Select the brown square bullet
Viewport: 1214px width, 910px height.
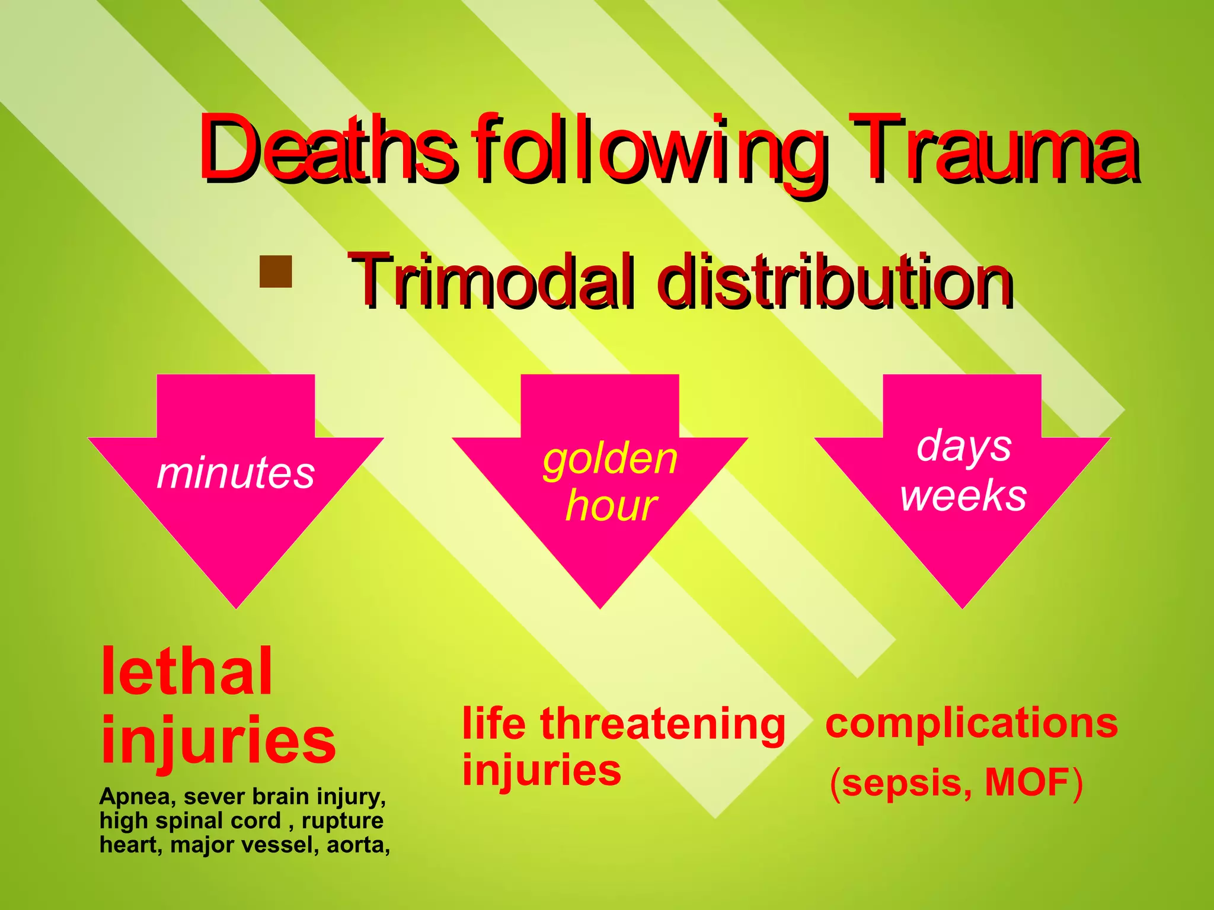point(276,271)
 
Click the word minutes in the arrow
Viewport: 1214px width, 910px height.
point(235,473)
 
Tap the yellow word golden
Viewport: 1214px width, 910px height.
point(610,459)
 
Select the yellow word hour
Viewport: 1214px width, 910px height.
point(611,506)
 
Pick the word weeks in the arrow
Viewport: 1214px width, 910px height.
point(963,495)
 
